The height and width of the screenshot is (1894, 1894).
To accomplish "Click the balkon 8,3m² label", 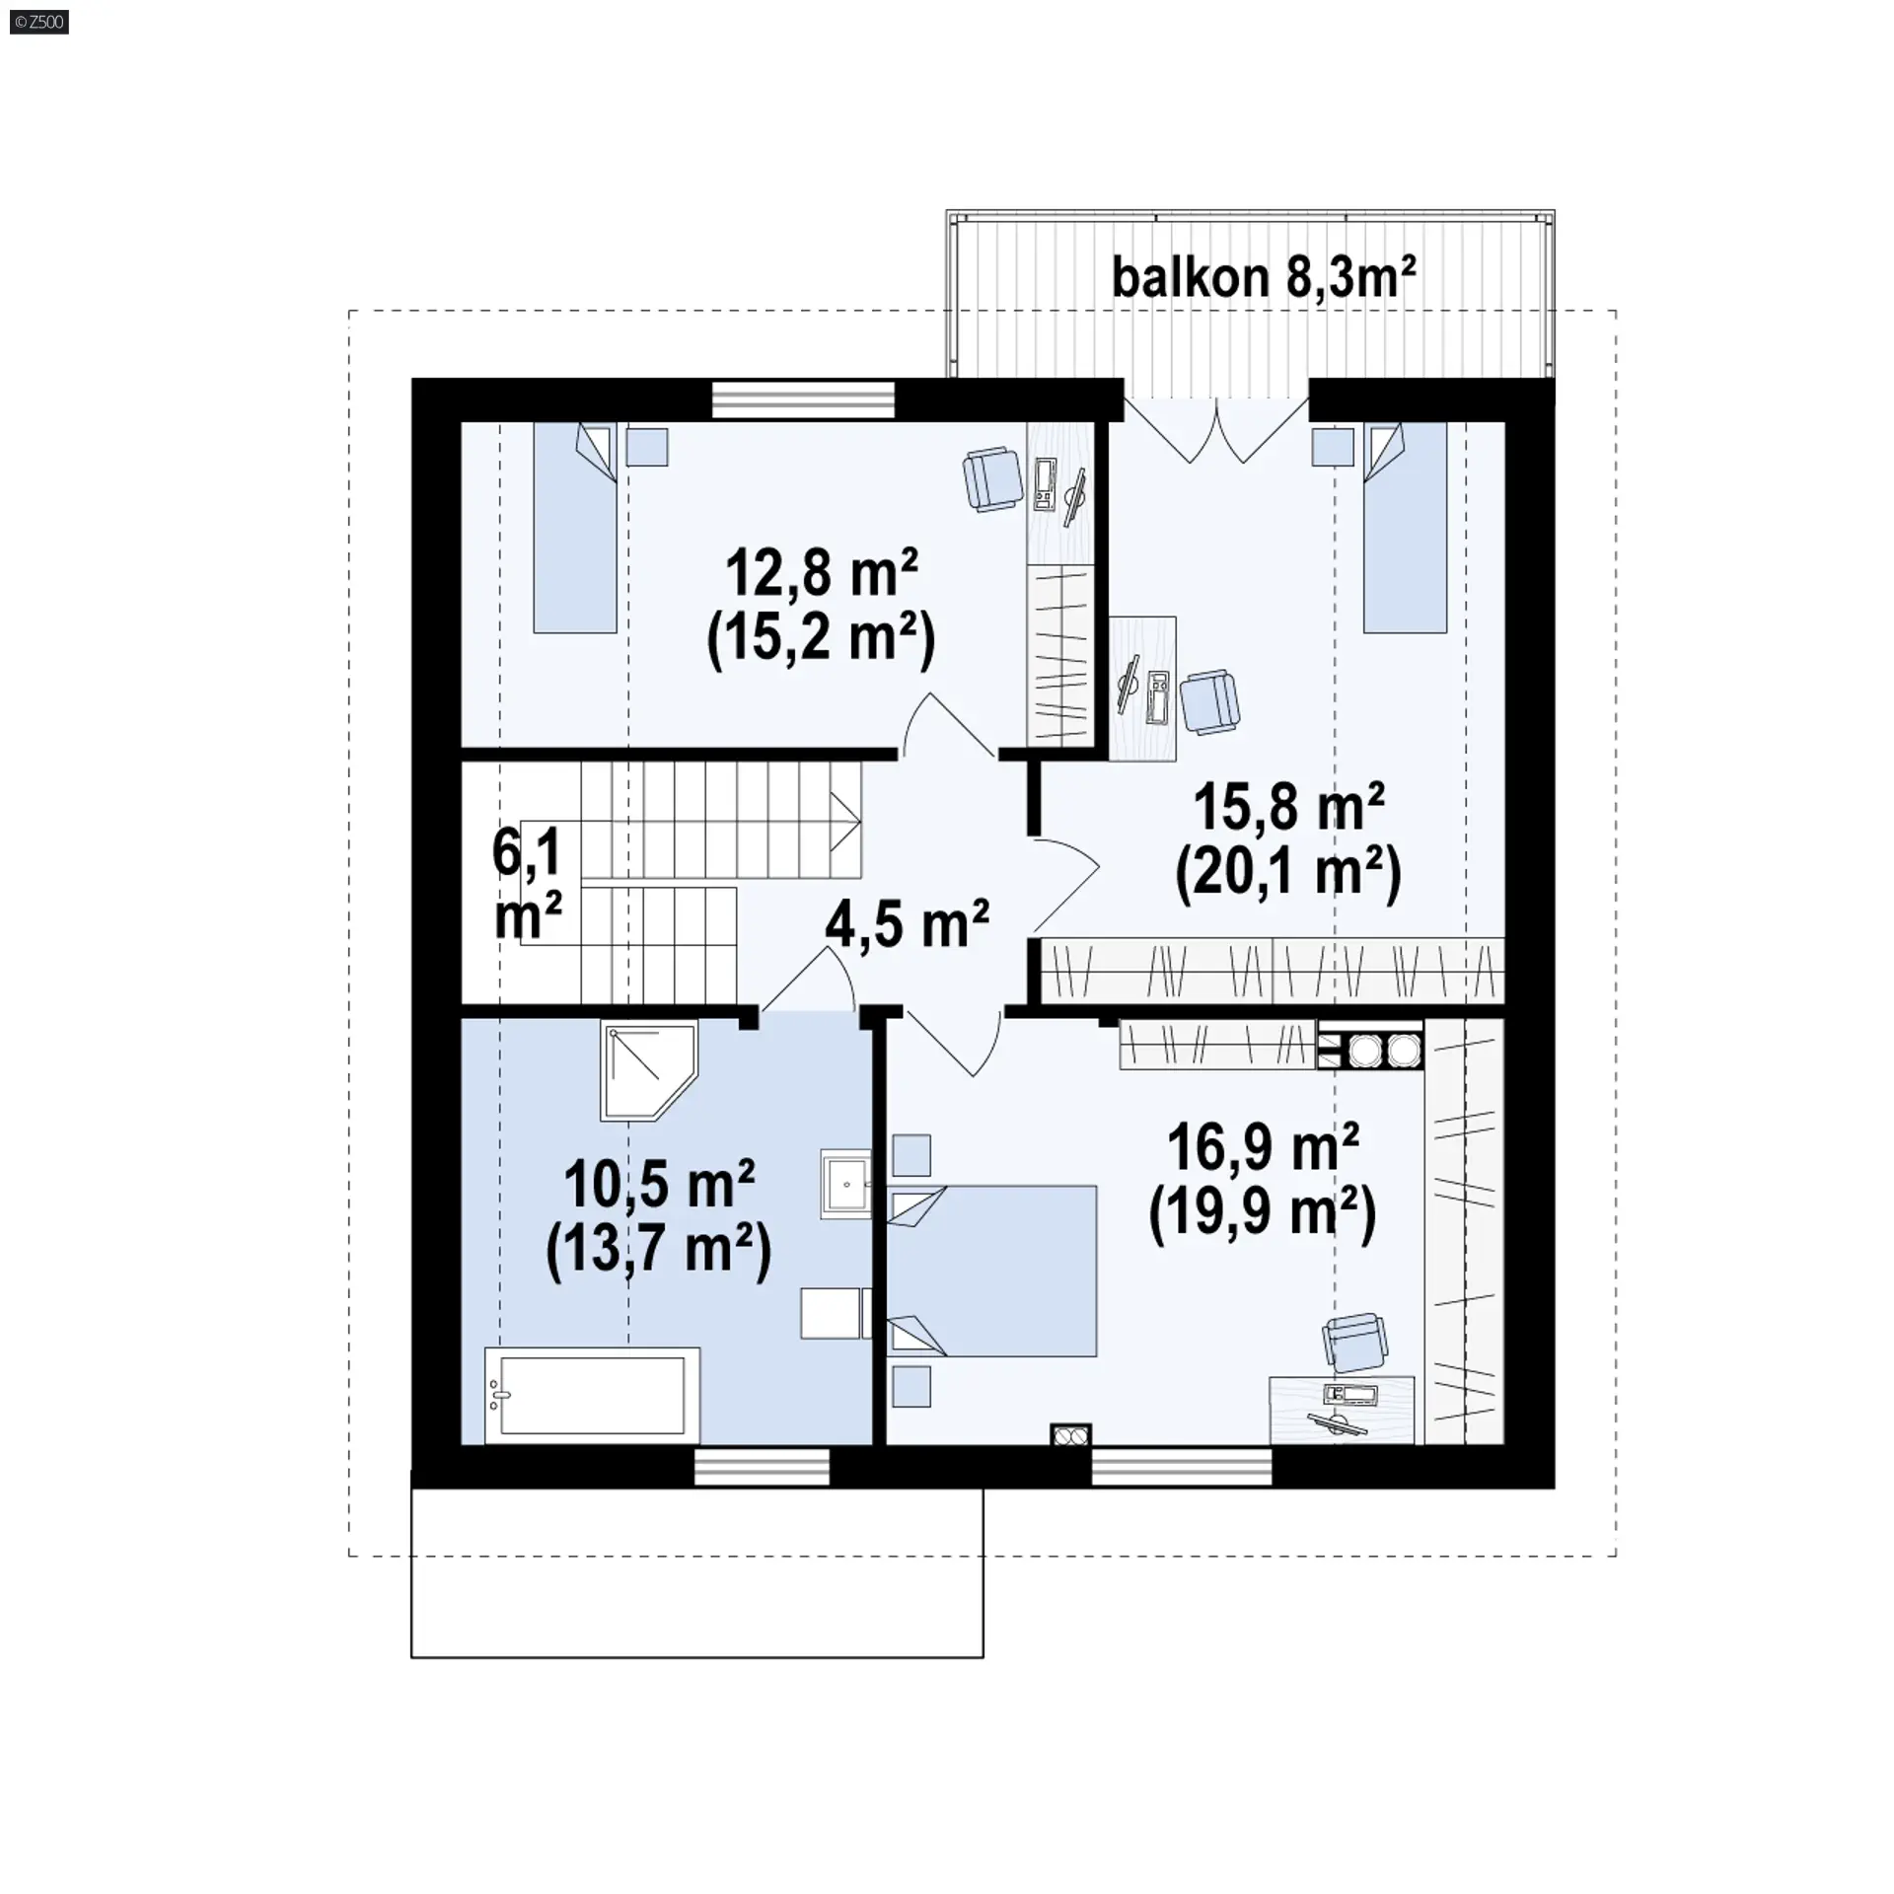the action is [x=1264, y=277].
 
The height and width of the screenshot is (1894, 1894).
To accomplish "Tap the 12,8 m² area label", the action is [x=822, y=574].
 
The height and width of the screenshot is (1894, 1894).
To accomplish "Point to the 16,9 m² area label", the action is [x=1263, y=1147].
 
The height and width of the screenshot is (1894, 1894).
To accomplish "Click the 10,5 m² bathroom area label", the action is [x=659, y=1186].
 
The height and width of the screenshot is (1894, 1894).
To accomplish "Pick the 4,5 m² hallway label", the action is [x=907, y=923].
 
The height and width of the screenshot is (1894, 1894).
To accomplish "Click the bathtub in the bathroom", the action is [x=592, y=1395].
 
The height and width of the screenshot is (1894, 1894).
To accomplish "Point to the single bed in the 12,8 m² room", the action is [x=575, y=528].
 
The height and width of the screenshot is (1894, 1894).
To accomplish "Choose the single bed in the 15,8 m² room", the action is [x=1405, y=528].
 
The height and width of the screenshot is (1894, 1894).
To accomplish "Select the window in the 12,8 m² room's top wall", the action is [x=804, y=401].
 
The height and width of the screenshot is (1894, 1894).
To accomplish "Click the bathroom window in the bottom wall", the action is [x=763, y=1467].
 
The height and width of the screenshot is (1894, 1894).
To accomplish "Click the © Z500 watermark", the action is [x=38, y=22].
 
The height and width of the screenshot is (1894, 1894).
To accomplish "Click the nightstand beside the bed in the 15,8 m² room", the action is [x=1332, y=447].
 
